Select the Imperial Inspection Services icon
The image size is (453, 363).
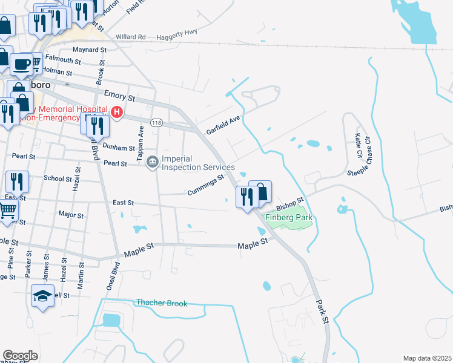153,160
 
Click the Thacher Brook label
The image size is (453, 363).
162,303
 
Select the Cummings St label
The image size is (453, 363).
206,183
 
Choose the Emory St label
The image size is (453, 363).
119,96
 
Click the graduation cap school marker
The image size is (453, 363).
43,295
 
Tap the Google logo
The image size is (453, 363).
20,355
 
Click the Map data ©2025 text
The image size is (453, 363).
427,358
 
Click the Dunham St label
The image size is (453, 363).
119,148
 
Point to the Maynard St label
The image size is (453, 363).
89,50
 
